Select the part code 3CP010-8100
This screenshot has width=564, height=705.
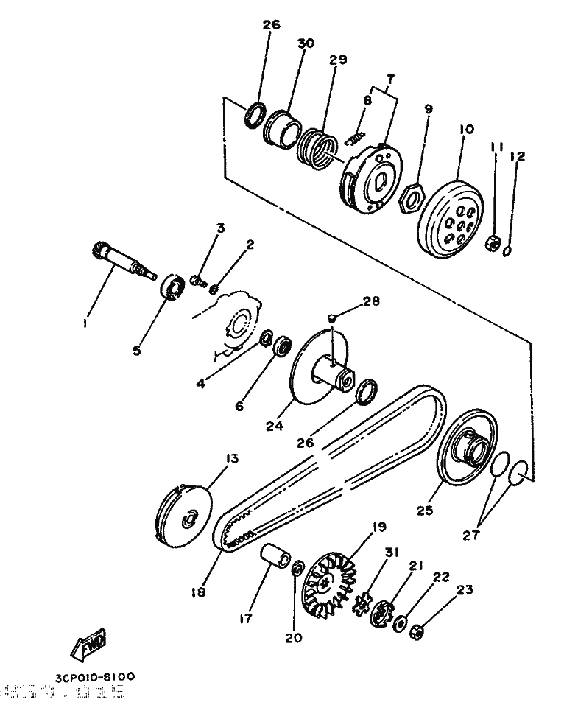coord(94,676)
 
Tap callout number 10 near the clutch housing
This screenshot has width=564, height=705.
coord(465,128)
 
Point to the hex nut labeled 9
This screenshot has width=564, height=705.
coord(409,197)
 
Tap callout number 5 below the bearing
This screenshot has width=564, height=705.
coord(136,351)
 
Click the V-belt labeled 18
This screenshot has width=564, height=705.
coord(331,464)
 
